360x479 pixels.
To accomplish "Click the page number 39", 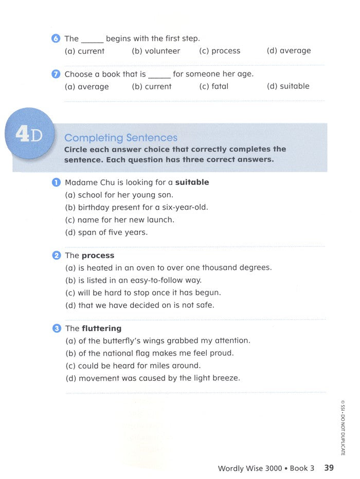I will point(329,468).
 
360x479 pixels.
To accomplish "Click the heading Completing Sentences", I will point(121,138).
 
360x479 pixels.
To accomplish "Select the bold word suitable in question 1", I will point(192,182).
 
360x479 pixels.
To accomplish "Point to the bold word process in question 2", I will point(98,255).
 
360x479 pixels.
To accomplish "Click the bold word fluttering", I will point(101,328).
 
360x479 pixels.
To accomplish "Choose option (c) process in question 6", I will point(220,51).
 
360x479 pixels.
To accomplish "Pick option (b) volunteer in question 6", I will point(156,51).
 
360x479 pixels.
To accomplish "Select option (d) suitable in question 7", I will point(288,86).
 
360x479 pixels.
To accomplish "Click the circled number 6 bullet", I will point(56,39).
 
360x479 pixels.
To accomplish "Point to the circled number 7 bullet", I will point(56,74).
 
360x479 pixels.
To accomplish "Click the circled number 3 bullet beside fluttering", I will point(56,328).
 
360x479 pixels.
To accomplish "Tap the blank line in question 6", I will point(93,41).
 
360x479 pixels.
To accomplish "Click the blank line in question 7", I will point(159,77).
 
